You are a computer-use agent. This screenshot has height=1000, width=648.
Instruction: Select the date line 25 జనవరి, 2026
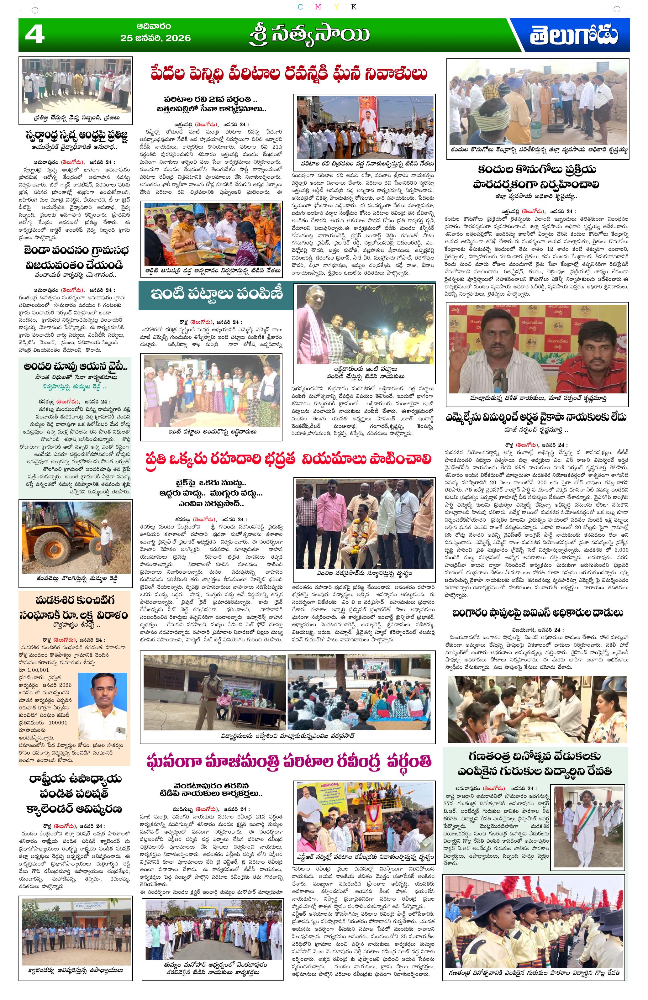click(x=155, y=38)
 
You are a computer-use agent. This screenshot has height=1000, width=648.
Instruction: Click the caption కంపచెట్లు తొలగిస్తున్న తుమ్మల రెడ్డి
click(x=75, y=579)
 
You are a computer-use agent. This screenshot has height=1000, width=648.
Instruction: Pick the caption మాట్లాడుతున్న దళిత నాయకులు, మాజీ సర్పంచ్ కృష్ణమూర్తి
click(x=538, y=398)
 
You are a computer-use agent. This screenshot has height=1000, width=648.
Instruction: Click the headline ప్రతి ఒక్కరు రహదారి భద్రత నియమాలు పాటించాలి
click(x=289, y=459)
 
